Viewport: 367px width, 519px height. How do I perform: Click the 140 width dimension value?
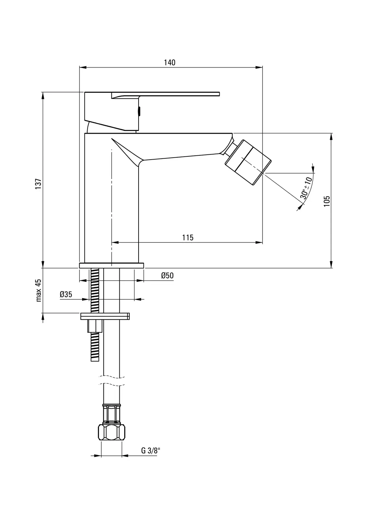coord(170,63)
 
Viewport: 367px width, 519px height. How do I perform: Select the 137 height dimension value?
coord(38,184)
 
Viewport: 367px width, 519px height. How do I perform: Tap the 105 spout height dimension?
coord(327,201)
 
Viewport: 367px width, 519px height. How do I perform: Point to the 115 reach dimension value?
coord(188,237)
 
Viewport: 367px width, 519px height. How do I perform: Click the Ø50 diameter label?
coord(167,275)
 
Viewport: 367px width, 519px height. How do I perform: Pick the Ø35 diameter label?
coord(66,295)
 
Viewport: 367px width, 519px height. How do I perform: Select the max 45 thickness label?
coord(39,290)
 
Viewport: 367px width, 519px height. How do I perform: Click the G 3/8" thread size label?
coord(151,451)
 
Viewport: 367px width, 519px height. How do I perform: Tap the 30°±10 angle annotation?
coord(306,188)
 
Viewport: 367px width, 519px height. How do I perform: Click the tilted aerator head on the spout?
coord(248,162)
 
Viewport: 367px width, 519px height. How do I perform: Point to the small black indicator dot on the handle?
coord(140,111)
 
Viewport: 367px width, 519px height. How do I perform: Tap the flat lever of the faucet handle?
coord(165,95)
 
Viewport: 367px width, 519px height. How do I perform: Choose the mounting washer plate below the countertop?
coord(105,316)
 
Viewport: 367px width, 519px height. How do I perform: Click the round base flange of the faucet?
coord(112,266)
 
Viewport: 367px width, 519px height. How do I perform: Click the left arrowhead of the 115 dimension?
coord(115,243)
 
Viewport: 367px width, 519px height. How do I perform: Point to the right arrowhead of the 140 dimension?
coord(259,67)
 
